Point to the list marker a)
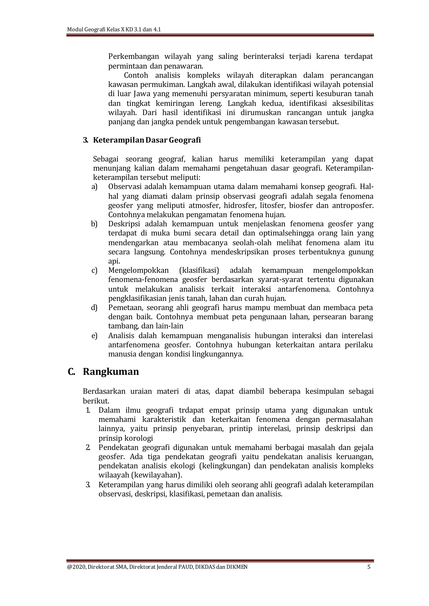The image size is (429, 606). click(x=94, y=187)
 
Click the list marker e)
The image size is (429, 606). click(x=94, y=336)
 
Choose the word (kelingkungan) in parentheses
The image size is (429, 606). click(x=224, y=466)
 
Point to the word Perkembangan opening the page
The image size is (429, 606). click(x=134, y=56)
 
